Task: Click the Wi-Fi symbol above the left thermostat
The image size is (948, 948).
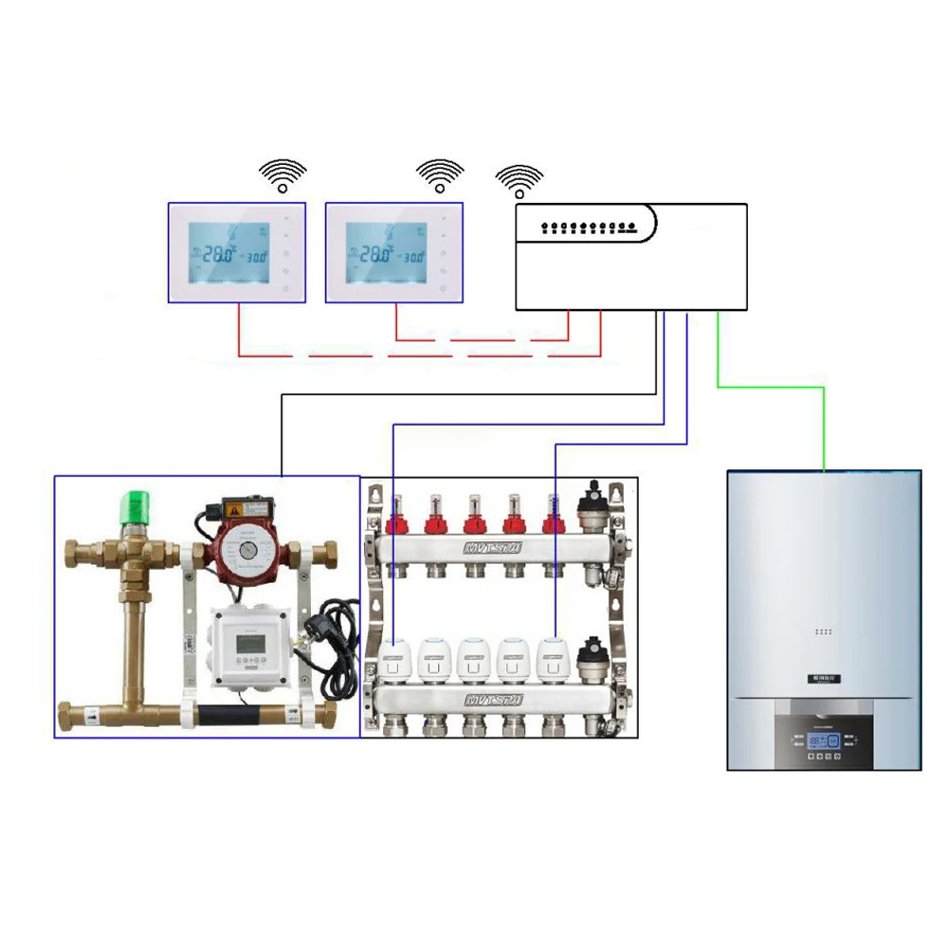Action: click(x=283, y=175)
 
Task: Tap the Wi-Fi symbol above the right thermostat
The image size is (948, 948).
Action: click(x=441, y=175)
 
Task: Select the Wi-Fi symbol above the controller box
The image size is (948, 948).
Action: click(x=520, y=179)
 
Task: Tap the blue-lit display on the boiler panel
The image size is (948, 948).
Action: click(x=827, y=742)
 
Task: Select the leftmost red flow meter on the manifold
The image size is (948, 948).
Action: click(x=394, y=518)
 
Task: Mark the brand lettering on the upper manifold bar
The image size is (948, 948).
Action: click(x=493, y=549)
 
